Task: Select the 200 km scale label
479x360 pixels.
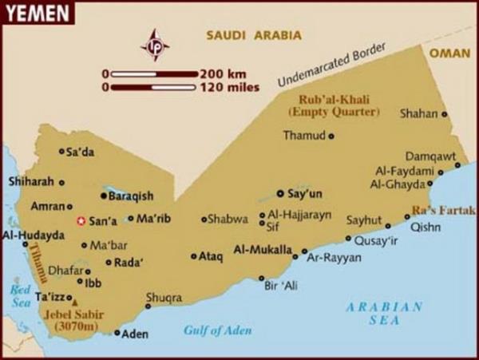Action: click(225, 73)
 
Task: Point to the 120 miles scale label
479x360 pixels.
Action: click(232, 86)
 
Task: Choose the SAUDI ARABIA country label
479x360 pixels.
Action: click(254, 35)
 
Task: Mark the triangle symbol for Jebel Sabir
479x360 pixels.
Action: click(75, 303)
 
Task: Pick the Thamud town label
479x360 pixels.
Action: click(304, 136)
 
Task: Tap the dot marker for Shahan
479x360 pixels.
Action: click(445, 114)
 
